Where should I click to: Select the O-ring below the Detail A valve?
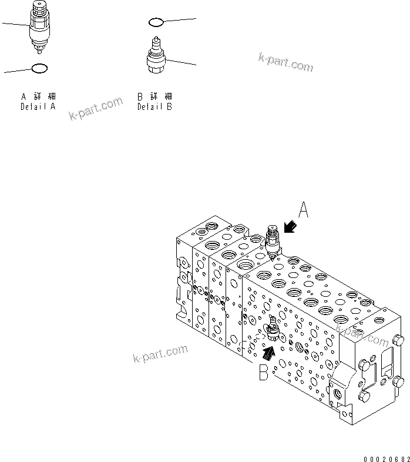click(38, 69)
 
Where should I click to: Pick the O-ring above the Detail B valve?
click(155, 22)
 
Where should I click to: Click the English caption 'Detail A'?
click(38, 107)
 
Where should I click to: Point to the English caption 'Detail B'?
click(155, 107)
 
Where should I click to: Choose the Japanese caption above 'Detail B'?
click(155, 96)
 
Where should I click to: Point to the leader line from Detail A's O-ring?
click(18, 71)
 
